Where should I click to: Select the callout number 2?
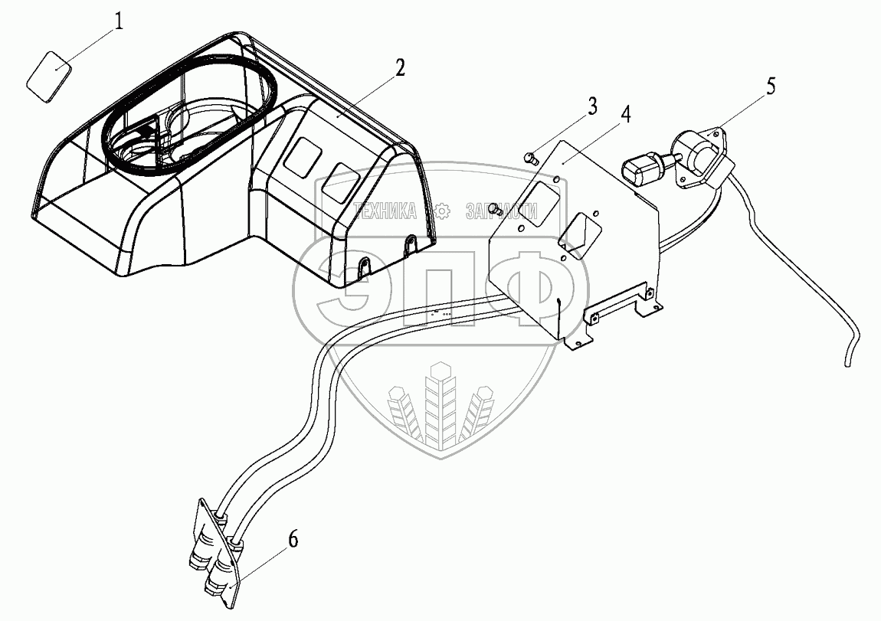(x=399, y=68)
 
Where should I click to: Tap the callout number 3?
(x=592, y=106)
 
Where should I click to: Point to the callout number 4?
(x=625, y=116)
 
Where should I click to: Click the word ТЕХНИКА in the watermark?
(x=385, y=211)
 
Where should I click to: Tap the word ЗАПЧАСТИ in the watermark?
(x=501, y=211)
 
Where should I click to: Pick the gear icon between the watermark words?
(x=441, y=211)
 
